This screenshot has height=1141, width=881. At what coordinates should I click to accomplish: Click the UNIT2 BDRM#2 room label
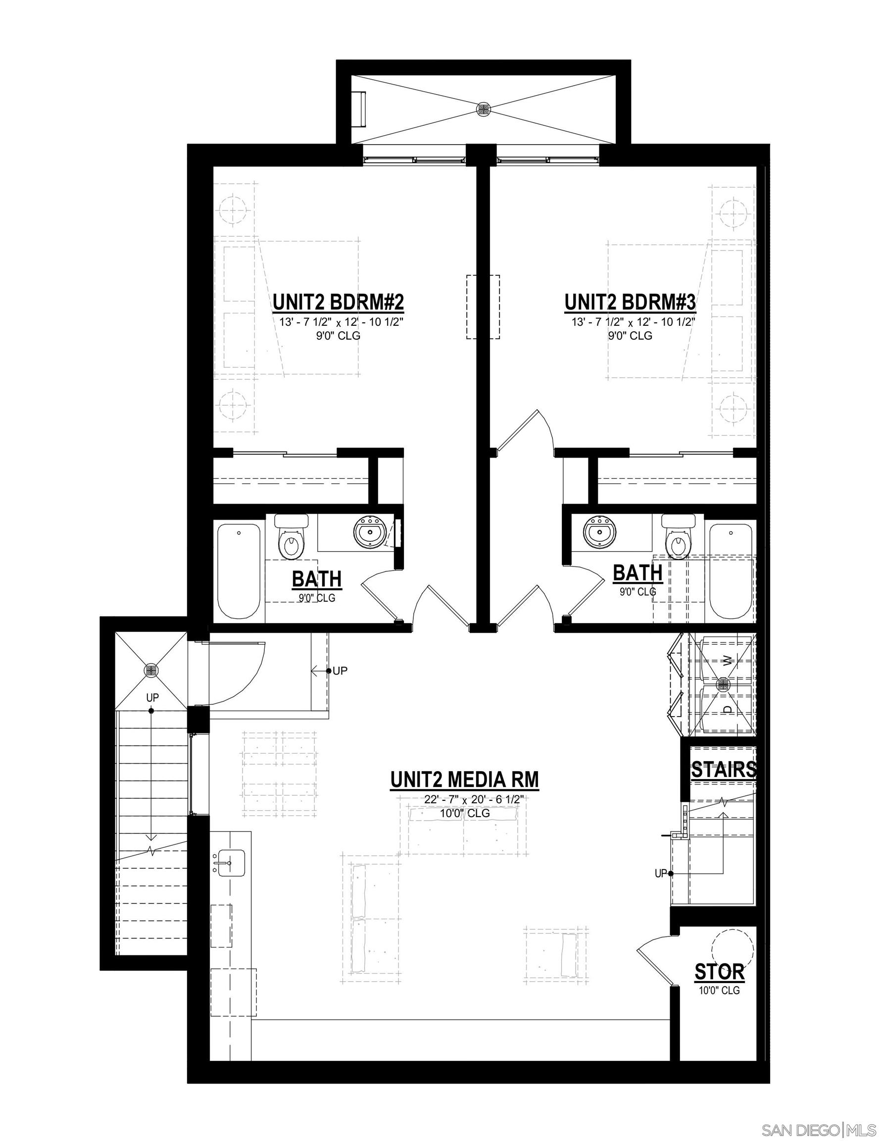click(339, 303)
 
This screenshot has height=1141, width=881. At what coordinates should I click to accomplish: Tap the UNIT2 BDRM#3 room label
click(631, 303)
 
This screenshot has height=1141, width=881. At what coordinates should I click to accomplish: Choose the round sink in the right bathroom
click(599, 533)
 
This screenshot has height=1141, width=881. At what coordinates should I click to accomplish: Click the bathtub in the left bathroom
click(238, 572)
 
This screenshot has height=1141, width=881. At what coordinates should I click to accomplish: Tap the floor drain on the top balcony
click(483, 108)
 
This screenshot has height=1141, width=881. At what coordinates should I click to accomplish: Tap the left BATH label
click(316, 579)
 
